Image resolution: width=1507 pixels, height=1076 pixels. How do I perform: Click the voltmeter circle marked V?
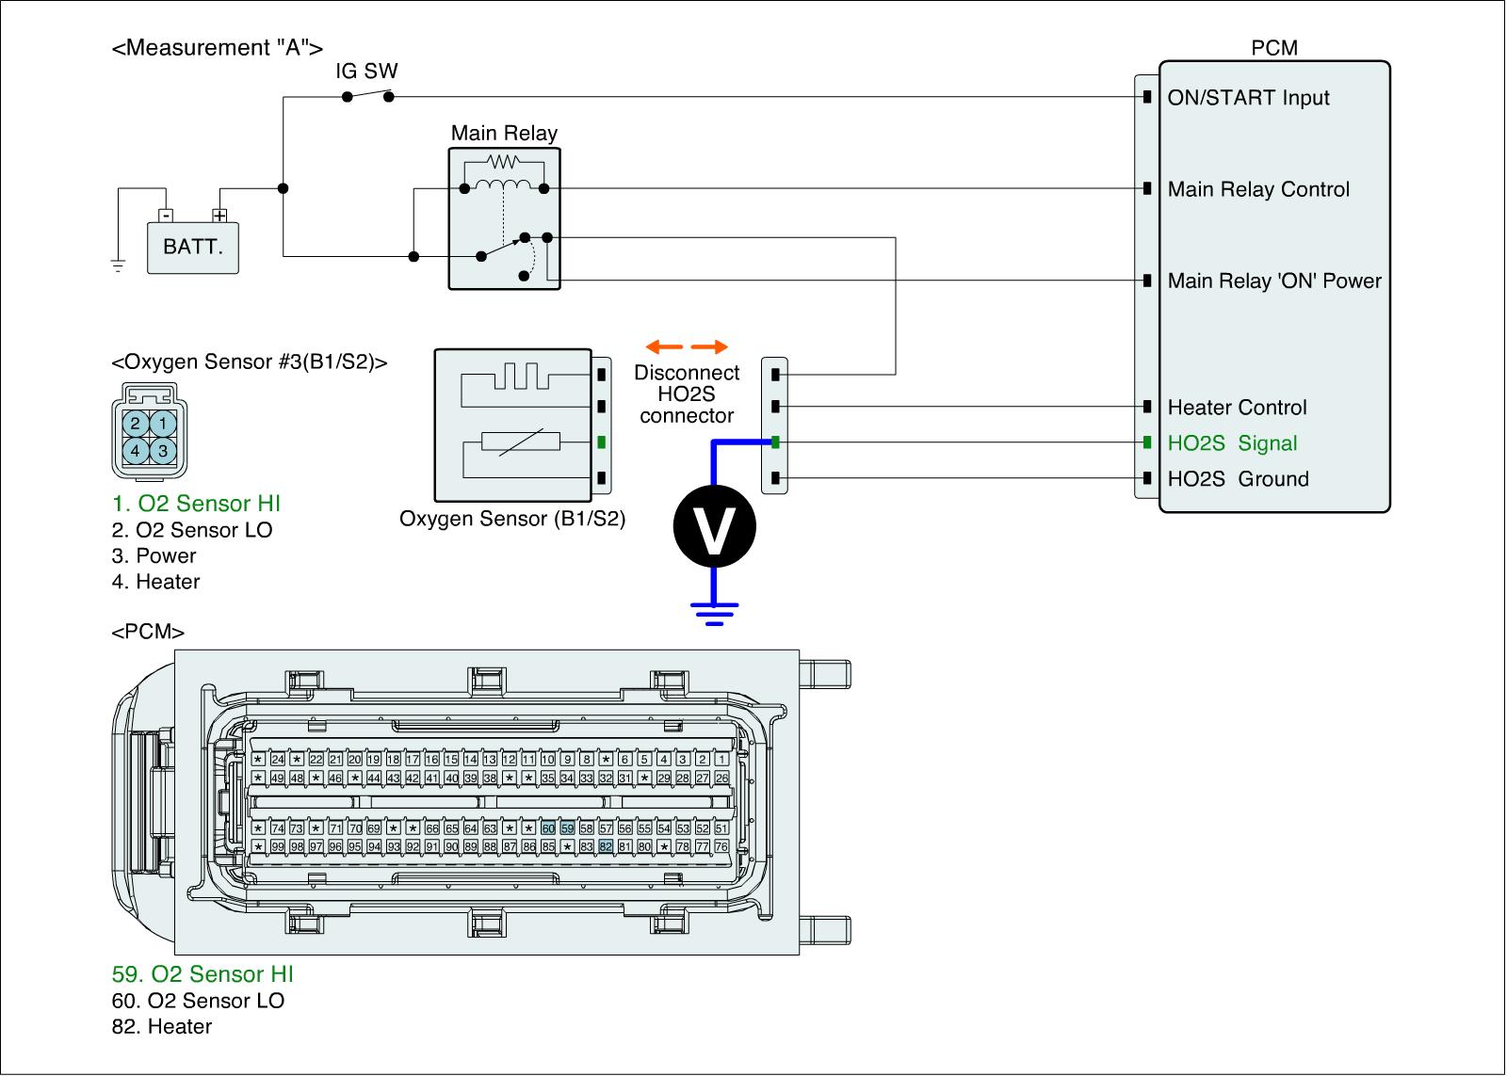point(714,526)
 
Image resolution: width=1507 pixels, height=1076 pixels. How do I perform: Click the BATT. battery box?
point(193,248)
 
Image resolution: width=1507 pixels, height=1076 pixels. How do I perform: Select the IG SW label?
point(366,72)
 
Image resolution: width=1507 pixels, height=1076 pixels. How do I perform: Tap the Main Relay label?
point(504,134)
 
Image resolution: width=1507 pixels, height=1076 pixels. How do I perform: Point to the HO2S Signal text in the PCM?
point(1232,443)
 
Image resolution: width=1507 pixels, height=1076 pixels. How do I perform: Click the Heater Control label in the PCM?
point(1237,408)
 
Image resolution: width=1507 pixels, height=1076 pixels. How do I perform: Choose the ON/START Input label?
point(1248,98)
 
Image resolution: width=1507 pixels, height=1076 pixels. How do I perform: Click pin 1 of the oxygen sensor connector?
point(163,424)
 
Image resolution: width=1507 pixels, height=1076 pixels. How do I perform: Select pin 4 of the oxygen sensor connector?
point(136,451)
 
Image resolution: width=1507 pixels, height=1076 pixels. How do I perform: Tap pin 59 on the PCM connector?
point(567,828)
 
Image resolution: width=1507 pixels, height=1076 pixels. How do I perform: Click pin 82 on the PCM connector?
point(606,846)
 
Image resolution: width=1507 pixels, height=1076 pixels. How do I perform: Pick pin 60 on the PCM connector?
point(548,828)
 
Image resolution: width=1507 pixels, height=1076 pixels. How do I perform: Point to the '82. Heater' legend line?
point(161,1027)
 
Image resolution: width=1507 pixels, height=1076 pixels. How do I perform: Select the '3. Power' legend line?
point(154,556)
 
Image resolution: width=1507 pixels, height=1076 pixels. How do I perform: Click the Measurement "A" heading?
point(217,48)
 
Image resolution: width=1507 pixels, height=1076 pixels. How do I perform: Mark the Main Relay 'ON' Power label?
point(1273,281)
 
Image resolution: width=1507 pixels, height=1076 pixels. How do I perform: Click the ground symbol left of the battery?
point(118,265)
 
